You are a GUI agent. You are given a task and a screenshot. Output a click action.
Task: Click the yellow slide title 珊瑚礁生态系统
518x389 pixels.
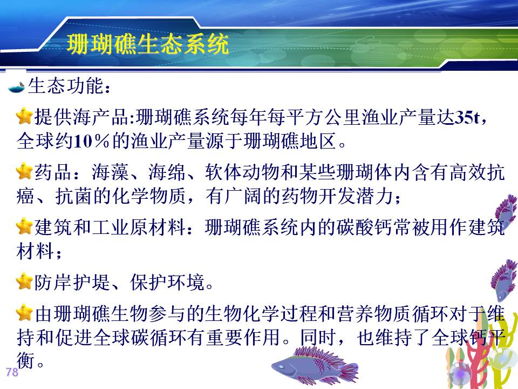tap(148, 44)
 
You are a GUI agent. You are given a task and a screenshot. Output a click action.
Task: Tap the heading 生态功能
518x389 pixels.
tap(65, 86)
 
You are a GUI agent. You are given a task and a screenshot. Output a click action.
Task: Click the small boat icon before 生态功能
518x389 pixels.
tap(17, 87)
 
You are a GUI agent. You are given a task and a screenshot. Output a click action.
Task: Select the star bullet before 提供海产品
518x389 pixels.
tap(24, 116)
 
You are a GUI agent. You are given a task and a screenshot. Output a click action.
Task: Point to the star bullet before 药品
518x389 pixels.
tap(24, 171)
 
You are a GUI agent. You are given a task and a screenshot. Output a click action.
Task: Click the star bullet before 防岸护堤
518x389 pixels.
tap(24, 281)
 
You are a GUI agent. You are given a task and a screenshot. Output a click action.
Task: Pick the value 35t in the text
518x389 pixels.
tap(467, 117)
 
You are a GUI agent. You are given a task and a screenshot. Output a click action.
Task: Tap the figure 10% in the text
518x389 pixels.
tap(91, 141)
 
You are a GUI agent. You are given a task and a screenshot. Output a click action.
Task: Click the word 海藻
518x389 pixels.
tap(110, 172)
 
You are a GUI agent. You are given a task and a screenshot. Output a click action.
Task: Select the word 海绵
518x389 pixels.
tap(167, 172)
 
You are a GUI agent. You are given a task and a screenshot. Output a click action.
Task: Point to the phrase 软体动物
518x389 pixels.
tap(242, 172)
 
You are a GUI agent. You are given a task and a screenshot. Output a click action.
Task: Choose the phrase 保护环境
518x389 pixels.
tap(167, 282)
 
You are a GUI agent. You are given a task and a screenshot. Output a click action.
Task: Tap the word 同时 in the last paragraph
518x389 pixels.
tap(318, 337)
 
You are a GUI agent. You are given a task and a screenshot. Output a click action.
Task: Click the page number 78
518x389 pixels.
tap(12, 372)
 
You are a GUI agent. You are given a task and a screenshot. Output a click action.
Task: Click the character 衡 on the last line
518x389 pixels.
tap(26, 360)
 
